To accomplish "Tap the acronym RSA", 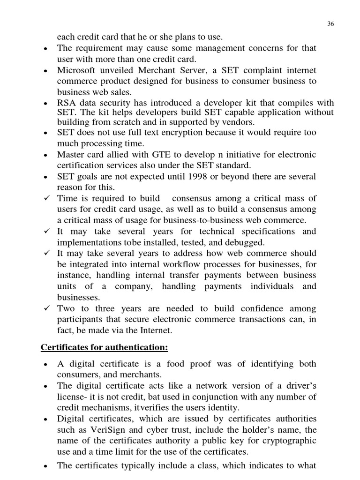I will pos(67,103).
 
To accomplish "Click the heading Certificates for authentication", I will pos(104,347).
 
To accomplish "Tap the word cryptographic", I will pos(285,441).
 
